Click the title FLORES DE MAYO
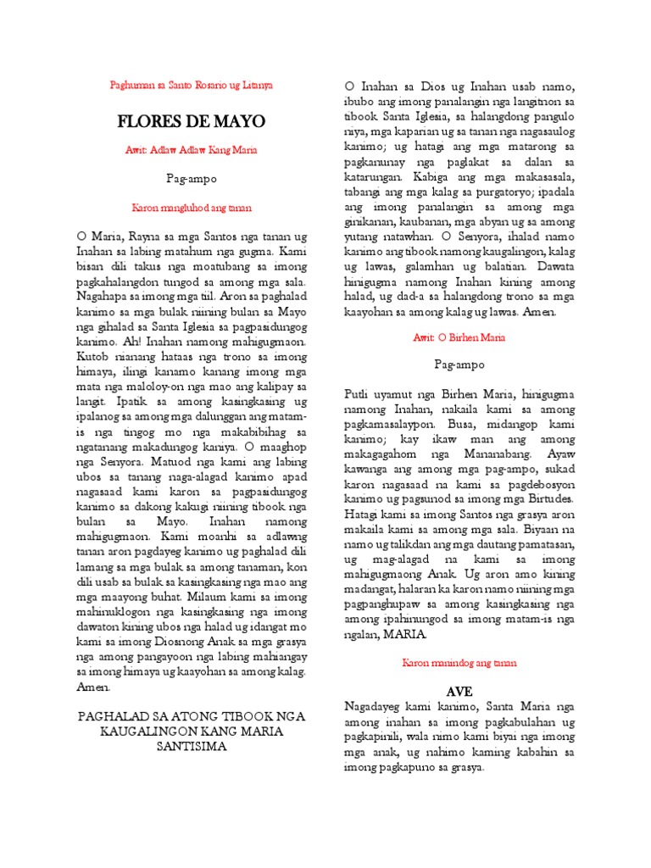[x=191, y=122]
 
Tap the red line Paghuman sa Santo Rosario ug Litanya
[x=192, y=86]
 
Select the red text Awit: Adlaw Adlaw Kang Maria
[x=192, y=150]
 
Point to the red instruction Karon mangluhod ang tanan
[x=192, y=207]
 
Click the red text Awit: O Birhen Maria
[x=459, y=337]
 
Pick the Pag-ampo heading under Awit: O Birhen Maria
[x=459, y=365]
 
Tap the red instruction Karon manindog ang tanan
[x=459, y=664]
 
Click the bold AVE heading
[x=459, y=692]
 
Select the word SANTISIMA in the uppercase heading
[x=192, y=747]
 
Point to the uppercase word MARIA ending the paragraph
[x=409, y=634]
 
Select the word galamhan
[x=457, y=265]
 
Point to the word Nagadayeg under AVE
[x=375, y=706]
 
